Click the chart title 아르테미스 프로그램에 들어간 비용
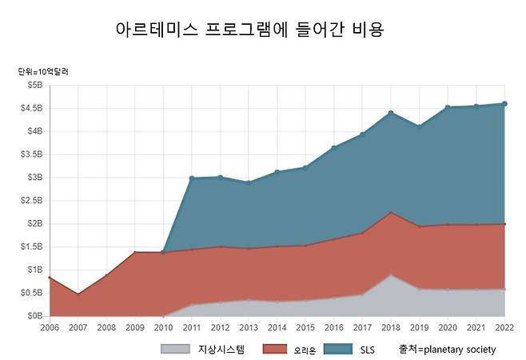pos(249,30)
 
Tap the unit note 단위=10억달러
pos(43,72)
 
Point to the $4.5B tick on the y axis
pos(31,108)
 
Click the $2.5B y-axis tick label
pos(31,201)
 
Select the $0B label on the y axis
pos(35,316)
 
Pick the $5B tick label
pos(35,85)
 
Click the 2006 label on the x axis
pos(50,327)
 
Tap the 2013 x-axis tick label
pos(249,327)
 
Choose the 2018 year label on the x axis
pos(391,327)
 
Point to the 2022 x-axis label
pos(504,327)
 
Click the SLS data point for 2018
pos(391,113)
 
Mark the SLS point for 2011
pos(192,178)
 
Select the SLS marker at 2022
pos(504,104)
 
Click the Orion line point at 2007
pos(78,294)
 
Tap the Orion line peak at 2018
pos(391,212)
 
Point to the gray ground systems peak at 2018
pos(391,274)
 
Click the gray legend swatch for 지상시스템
pos(175,350)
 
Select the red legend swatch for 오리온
pos(275,350)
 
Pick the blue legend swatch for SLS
pos(338,350)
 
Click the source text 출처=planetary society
pos(448,350)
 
